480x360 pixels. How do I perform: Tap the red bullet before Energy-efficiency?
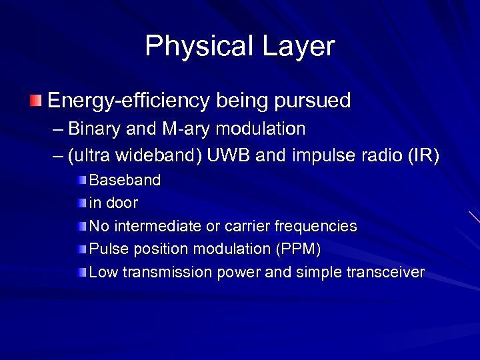point(35,101)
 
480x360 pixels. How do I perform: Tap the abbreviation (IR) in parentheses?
point(423,156)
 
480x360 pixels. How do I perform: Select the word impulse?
point(323,156)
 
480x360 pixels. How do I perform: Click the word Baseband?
point(125,180)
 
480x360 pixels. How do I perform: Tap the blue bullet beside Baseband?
point(81,180)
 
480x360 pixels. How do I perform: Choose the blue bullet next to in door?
point(81,203)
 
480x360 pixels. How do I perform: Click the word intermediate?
point(157,226)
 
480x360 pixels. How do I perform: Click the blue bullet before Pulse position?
point(81,249)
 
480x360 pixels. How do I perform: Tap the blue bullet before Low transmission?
point(81,272)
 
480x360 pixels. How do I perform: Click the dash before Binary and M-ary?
point(58,129)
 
